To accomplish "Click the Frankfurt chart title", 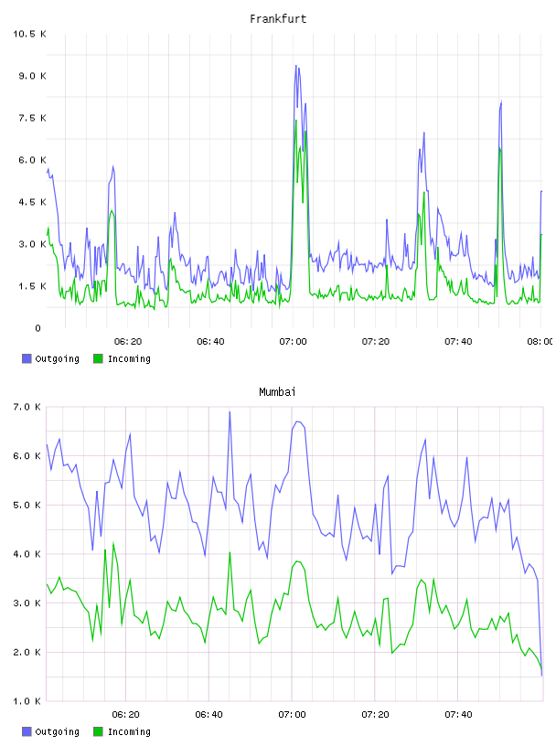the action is coord(278,19).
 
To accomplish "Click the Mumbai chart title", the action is coord(277,392).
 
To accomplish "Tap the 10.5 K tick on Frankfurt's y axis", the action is coord(29,34).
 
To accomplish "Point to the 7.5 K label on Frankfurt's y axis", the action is coord(32,118).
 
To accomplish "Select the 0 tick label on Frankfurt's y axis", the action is coord(37,328).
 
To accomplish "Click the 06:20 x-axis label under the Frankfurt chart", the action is coord(128,342).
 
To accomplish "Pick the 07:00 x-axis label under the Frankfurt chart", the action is coord(294,342).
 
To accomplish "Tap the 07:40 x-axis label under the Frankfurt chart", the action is coord(458,342).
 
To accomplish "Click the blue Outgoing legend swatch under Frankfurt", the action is coord(27,358).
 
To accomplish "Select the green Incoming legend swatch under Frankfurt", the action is coord(98,358).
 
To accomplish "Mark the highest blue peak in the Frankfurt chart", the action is coord(296,66).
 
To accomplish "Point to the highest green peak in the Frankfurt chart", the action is coord(296,120).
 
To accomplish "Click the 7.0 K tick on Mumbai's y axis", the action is coord(27,407).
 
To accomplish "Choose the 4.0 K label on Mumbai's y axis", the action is coord(27,554).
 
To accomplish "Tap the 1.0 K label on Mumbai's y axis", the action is coord(27,701).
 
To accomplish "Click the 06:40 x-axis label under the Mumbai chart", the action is coord(209,715).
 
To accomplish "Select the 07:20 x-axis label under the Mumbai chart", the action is coord(375,715).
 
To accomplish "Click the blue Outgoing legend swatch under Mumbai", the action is coord(27,731).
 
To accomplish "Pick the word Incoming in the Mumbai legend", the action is coord(129,732).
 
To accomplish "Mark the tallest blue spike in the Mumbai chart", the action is coord(230,412).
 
